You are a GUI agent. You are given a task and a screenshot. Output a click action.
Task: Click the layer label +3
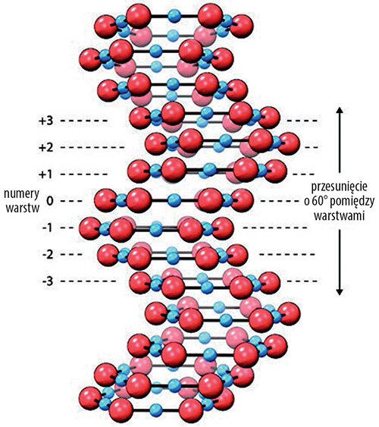point(46,121)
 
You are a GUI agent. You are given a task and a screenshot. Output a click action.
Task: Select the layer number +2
point(46,147)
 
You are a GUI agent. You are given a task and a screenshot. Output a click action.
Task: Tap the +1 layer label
point(46,174)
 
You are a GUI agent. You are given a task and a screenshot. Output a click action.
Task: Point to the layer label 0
point(49,201)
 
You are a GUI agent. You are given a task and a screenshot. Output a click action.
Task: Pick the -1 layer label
point(47,228)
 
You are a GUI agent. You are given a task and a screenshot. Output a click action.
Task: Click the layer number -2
point(47,255)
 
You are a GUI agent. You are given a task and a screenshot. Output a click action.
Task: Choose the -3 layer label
point(47,281)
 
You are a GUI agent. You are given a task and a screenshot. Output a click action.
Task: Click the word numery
point(22,194)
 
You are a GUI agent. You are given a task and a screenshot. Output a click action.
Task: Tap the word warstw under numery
point(23,209)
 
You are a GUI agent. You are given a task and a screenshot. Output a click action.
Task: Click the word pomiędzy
point(353,202)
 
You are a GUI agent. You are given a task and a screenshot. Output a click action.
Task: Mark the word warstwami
point(340,216)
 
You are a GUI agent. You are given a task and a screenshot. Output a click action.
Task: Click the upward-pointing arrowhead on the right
point(340,111)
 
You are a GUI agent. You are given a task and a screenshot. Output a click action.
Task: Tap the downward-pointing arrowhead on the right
point(340,292)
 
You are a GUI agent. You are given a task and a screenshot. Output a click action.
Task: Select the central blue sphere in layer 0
point(174,201)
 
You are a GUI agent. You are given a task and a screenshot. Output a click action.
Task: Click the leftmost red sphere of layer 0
point(105,201)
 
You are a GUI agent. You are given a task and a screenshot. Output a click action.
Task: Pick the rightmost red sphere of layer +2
point(289,143)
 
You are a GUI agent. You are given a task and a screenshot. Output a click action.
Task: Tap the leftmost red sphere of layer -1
point(90,228)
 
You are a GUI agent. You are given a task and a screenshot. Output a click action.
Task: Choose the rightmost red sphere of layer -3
point(269,283)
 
